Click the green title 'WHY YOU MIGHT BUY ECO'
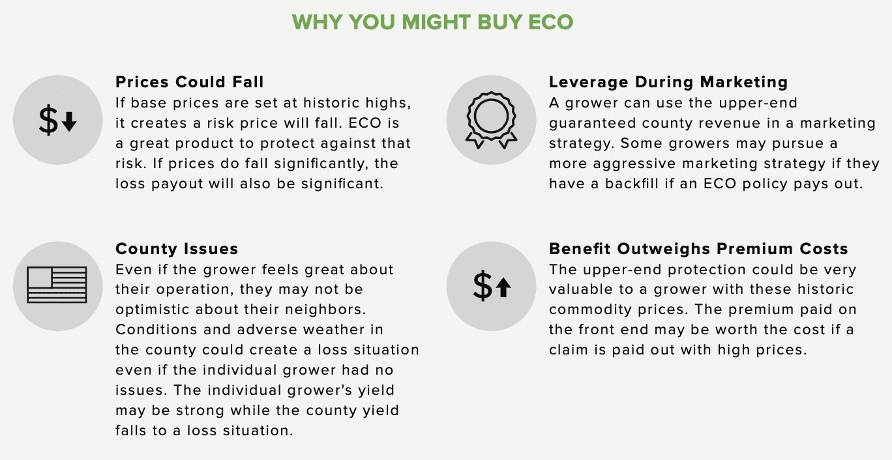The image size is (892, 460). pyautogui.click(x=432, y=22)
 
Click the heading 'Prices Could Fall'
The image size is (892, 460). pyautogui.click(x=190, y=82)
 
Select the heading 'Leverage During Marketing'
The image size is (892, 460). pyautogui.click(x=668, y=82)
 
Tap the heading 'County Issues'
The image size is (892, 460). pyautogui.click(x=177, y=249)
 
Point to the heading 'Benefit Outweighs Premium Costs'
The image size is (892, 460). pyautogui.click(x=698, y=249)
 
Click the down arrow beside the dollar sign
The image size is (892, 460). pyautogui.click(x=69, y=122)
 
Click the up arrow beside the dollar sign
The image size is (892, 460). pyautogui.click(x=503, y=287)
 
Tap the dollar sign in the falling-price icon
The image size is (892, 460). pyautogui.click(x=48, y=120)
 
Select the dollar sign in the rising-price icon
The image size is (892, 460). pyautogui.click(x=483, y=285)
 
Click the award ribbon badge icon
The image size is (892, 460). pyautogui.click(x=492, y=120)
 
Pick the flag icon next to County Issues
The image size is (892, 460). pyautogui.click(x=57, y=285)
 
